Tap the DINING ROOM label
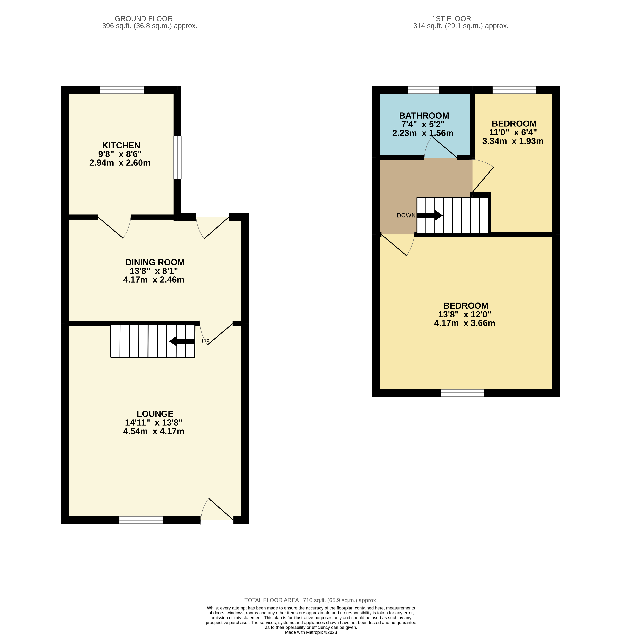pos(155,262)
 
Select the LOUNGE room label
pos(155,414)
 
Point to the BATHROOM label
pos(424,116)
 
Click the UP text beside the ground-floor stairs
pos(205,341)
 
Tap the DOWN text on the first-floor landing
pos(406,215)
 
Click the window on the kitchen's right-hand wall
pos(177,158)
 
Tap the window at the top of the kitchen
pos(122,90)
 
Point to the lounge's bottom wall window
pos(141,520)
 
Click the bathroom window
pos(424,90)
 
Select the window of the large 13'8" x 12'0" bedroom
pos(463,393)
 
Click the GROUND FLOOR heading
pos(144,19)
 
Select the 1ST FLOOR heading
pos(451,19)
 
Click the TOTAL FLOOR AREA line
pos(311,600)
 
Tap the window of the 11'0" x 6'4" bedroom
pos(514,90)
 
